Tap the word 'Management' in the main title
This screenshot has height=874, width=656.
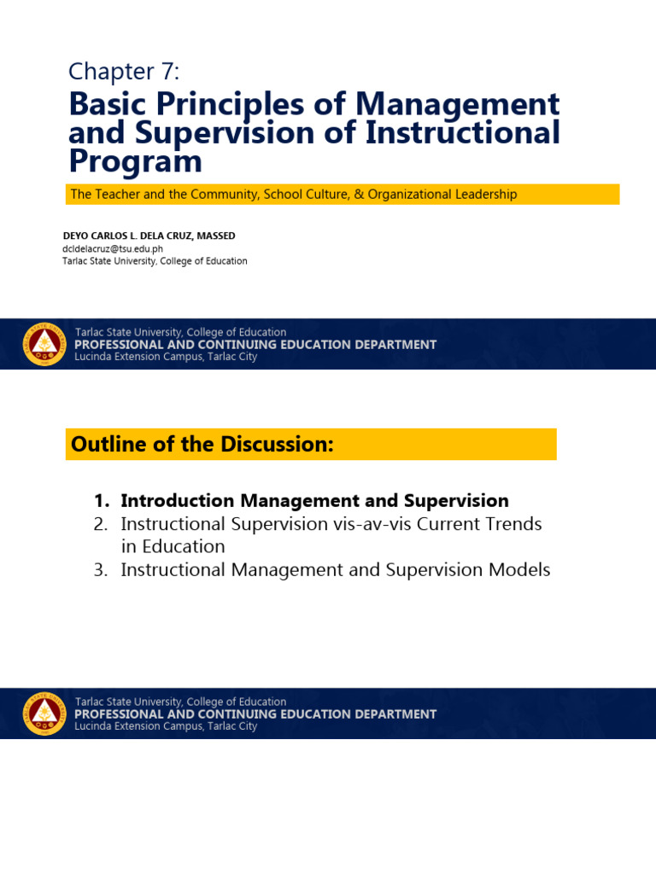457,104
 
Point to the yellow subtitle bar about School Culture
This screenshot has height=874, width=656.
342,195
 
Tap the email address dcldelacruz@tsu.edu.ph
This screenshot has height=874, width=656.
112,249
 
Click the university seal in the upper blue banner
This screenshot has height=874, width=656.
44,345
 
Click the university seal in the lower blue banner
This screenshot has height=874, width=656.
44,714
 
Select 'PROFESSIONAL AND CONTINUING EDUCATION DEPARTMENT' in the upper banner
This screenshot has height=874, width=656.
255,345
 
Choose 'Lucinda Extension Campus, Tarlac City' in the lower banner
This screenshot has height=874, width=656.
166,726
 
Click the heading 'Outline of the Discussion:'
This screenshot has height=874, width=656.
202,445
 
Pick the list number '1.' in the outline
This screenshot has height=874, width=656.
102,501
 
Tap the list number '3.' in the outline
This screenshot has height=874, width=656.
102,570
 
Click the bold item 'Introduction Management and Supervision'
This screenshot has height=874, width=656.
314,501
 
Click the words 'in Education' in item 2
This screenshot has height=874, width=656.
173,547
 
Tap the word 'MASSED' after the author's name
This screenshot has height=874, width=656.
217,236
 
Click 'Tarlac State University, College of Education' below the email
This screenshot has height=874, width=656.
155,261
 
